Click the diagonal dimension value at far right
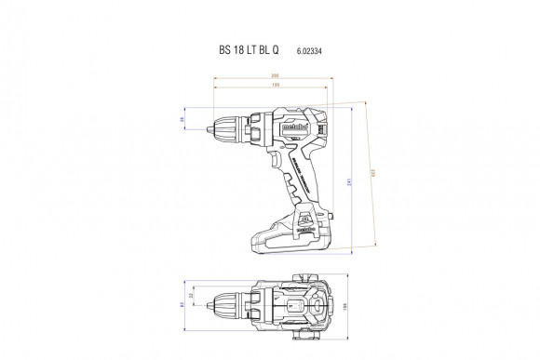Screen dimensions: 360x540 tap(373, 173)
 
